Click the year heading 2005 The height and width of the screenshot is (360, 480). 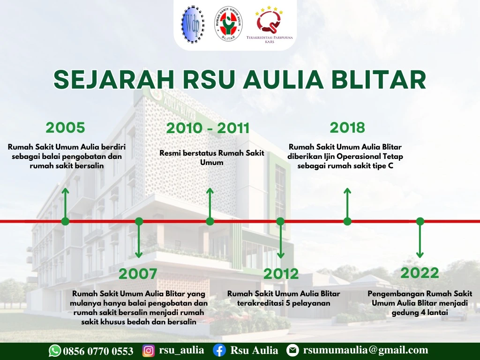[65, 127]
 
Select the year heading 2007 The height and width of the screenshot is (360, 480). [138, 274]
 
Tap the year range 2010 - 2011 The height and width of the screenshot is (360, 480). [208, 128]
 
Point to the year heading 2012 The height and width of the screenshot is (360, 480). [281, 274]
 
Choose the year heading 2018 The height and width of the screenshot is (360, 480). [347, 127]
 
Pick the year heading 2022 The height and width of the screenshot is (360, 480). [420, 273]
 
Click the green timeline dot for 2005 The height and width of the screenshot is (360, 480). [65, 221]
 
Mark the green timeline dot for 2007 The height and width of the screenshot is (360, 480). [139, 221]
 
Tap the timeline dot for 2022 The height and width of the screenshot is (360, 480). [420, 221]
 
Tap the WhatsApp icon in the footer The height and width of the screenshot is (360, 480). [55, 351]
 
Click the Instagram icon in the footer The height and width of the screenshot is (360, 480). [149, 351]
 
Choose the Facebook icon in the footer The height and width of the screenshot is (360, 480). [219, 351]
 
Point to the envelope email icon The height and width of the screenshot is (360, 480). [292, 351]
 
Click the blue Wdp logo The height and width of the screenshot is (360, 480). [193, 24]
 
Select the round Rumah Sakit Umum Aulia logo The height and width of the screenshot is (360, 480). [228, 24]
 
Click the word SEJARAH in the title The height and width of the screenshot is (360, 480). [114, 80]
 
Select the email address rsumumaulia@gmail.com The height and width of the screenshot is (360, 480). [366, 350]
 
